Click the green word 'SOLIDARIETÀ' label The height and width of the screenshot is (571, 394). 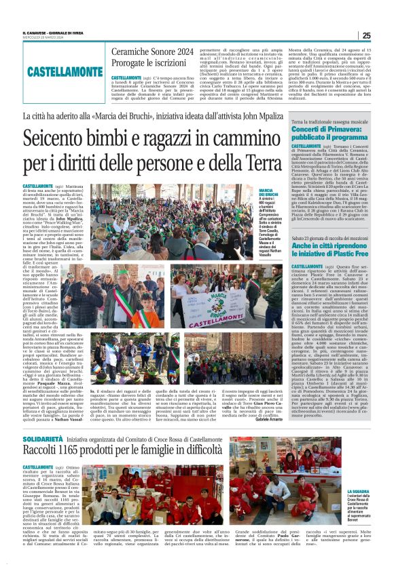43,420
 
